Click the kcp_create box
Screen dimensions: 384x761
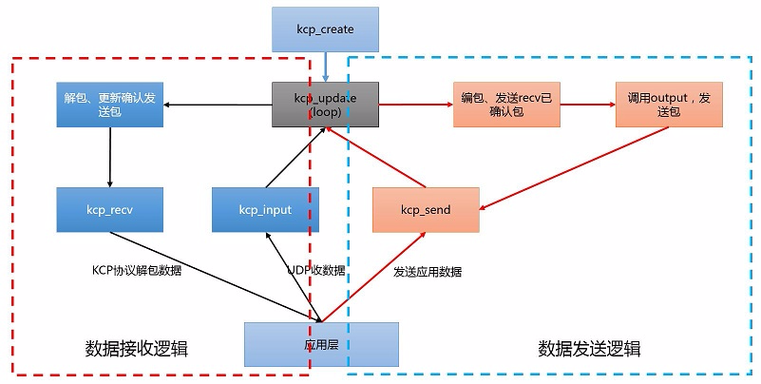[326, 29]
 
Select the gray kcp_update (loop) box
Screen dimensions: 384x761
[326, 104]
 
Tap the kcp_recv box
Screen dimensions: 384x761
[110, 209]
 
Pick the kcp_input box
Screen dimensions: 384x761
[265, 209]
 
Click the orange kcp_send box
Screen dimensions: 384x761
[425, 209]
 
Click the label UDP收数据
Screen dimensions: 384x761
[315, 270]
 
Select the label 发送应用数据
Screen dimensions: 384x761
[428, 271]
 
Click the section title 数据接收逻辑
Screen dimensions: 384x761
[137, 349]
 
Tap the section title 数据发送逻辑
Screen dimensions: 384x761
[589, 349]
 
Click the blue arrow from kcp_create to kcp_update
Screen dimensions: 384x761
[326, 66]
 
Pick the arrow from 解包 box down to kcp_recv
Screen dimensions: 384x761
[110, 156]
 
